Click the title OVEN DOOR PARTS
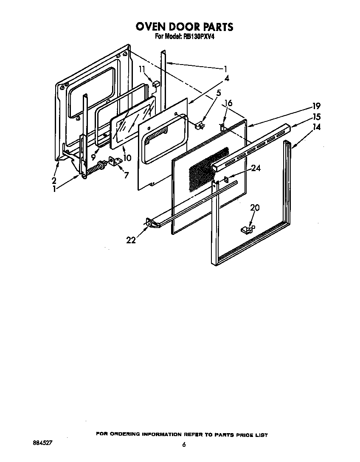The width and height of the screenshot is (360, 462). pyautogui.click(x=184, y=27)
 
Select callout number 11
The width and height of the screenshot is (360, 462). pyautogui.click(x=142, y=69)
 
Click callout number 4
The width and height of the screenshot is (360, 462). pyautogui.click(x=227, y=78)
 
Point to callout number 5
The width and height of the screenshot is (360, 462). pyautogui.click(x=219, y=92)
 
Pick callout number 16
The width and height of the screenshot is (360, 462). pyautogui.click(x=228, y=103)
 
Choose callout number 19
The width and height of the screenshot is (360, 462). pyautogui.click(x=316, y=106)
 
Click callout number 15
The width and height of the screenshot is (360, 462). pyautogui.click(x=316, y=117)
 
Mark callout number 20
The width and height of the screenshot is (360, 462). pyautogui.click(x=255, y=208)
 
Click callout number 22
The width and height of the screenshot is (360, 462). pyautogui.click(x=131, y=240)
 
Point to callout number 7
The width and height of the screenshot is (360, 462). pyautogui.click(x=126, y=175)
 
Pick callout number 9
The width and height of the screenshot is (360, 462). pyautogui.click(x=93, y=157)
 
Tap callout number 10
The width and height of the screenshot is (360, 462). pyautogui.click(x=127, y=158)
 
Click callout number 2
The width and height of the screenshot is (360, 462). pyautogui.click(x=54, y=180)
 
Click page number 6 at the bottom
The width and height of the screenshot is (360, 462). pyautogui.click(x=184, y=444)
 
